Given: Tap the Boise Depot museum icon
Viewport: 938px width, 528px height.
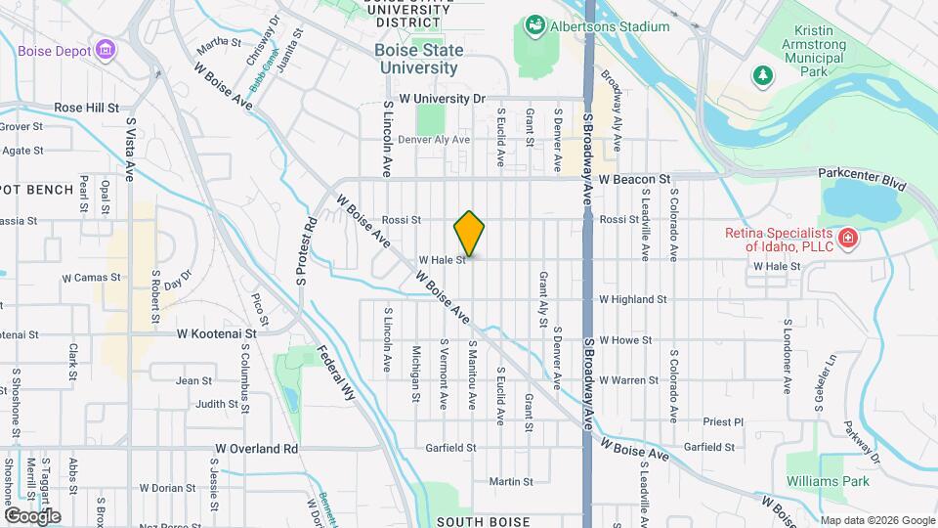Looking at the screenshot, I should tap(106, 51).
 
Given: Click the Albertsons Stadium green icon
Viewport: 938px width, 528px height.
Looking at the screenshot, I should tap(534, 23).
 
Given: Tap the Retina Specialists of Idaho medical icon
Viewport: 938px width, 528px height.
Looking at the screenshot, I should tap(848, 237).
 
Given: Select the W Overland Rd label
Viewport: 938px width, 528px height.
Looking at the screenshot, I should tap(256, 449).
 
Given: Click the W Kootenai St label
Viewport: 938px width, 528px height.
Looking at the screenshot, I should tap(216, 332).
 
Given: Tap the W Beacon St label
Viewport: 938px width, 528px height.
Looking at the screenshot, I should tap(635, 180).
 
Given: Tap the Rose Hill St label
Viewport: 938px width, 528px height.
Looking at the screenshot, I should tap(86, 108).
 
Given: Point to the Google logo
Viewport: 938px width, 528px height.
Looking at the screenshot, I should tap(32, 515).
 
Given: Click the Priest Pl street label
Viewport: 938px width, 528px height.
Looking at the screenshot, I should tap(723, 421).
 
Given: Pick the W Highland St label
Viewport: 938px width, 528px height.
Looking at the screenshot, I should tap(632, 299).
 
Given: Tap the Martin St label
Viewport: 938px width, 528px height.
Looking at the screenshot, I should tap(511, 481).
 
